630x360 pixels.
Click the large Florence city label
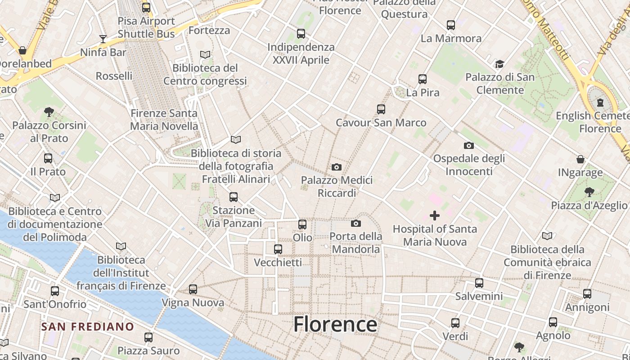[x=335, y=324]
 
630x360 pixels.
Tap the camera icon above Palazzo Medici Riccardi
[x=336, y=167]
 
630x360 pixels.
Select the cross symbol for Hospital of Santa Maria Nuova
[x=435, y=216]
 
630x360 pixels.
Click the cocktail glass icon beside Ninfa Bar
[x=103, y=39]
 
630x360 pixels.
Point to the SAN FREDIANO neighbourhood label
[x=88, y=326]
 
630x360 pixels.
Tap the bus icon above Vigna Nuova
[x=193, y=289]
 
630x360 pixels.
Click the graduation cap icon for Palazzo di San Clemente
[x=499, y=64]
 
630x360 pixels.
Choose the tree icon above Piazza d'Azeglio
[x=589, y=192]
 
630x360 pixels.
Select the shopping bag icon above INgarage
[x=580, y=159]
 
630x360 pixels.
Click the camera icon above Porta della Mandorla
[x=356, y=223]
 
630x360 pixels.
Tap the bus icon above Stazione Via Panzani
[x=233, y=197]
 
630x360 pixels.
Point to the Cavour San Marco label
[x=381, y=122]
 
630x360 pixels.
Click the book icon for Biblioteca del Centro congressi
[x=205, y=54]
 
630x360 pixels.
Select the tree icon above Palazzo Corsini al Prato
[x=49, y=112]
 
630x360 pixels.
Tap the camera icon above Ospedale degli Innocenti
[x=469, y=145]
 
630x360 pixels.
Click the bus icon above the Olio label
[x=302, y=224]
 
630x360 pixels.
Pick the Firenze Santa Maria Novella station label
[x=164, y=120]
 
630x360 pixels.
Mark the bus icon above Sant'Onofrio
[x=55, y=291]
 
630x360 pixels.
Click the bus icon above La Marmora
[x=451, y=25]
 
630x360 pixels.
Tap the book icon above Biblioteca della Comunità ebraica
[x=547, y=236]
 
